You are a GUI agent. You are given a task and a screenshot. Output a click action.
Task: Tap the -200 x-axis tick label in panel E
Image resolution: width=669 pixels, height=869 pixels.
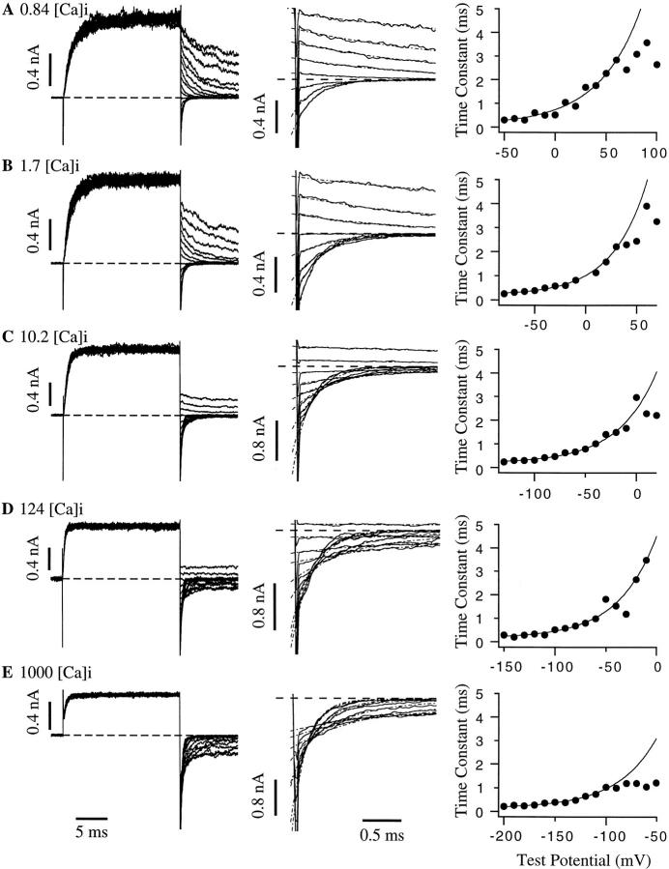pos(503,832)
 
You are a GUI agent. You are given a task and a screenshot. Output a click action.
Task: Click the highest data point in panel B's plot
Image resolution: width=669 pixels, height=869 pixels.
pos(646,206)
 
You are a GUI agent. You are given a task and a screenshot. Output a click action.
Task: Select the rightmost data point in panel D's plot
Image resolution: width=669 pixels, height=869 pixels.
pos(646,561)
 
